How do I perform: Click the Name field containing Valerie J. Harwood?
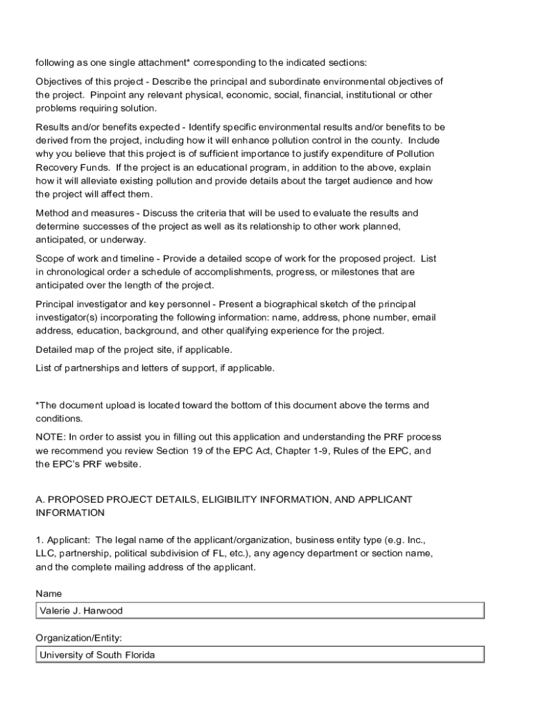coord(259,611)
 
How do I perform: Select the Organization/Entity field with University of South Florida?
coord(259,655)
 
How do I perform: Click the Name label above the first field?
coord(49,594)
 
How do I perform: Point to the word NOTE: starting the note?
coord(51,437)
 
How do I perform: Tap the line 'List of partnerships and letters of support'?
coord(155,367)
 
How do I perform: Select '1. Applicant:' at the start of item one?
coord(63,539)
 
